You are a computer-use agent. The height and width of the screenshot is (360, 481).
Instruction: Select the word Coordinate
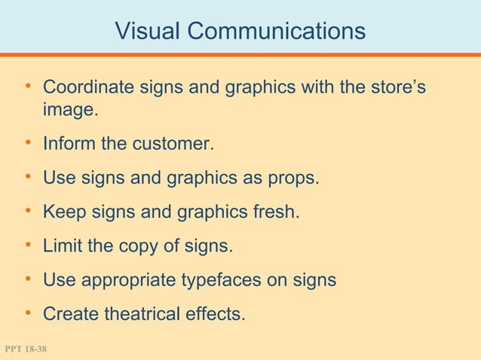pos(86,89)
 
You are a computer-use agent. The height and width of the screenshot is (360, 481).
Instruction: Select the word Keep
pos(63,213)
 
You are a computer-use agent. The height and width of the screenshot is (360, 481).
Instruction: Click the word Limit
pos(63,246)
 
